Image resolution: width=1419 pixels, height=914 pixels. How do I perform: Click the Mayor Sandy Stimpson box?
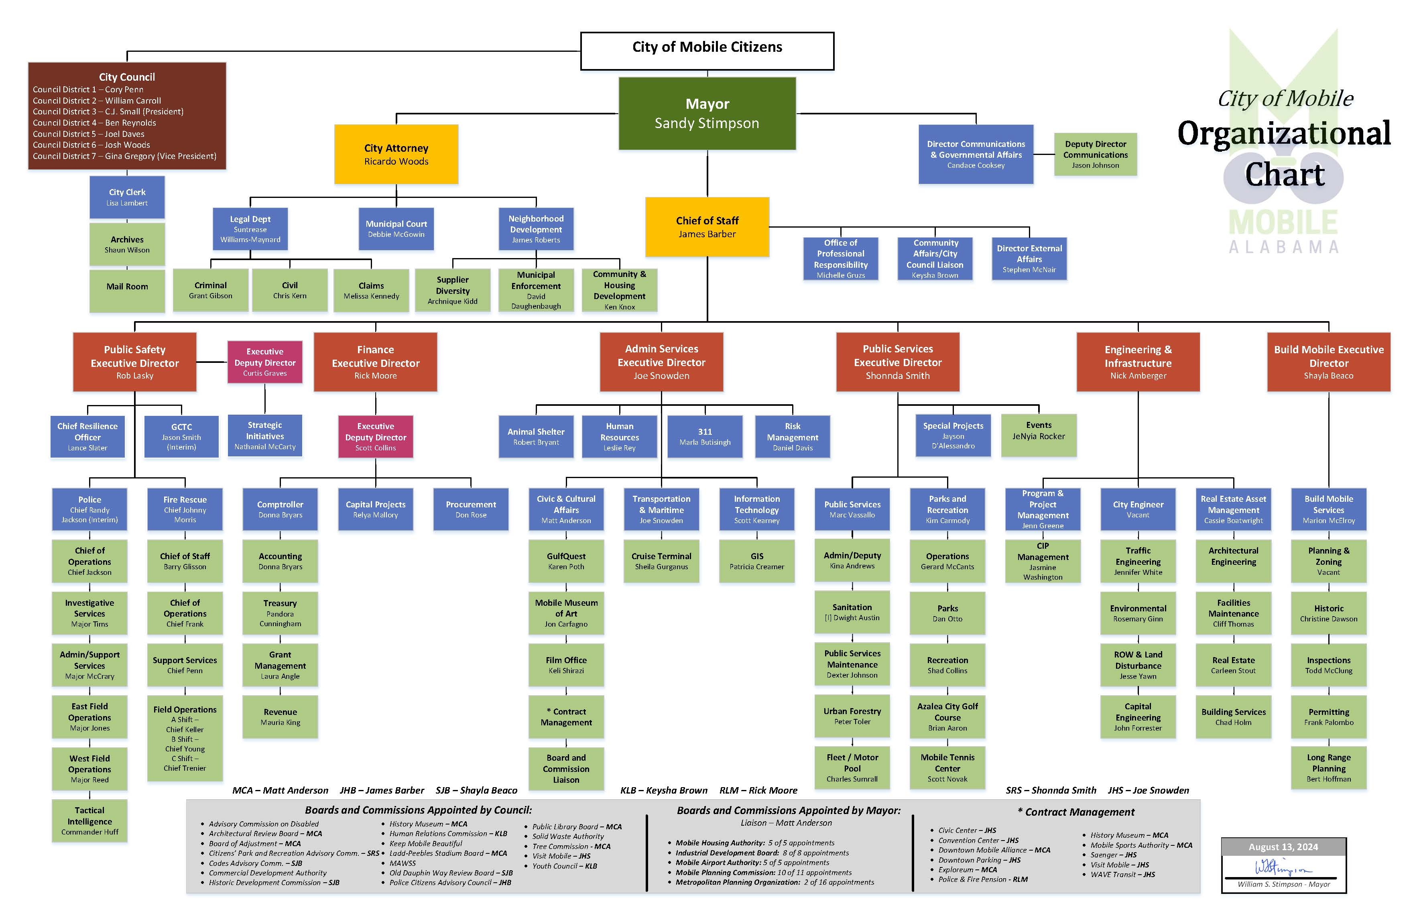click(707, 113)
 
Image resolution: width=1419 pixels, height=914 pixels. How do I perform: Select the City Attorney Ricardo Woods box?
click(396, 154)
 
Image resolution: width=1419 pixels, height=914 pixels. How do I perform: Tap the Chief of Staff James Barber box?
click(707, 227)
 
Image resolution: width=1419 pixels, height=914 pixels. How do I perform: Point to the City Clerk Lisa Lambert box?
click(127, 197)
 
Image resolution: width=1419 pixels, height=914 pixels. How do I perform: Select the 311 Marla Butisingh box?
click(705, 436)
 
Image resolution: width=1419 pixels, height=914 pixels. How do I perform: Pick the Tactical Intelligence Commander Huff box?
click(89, 821)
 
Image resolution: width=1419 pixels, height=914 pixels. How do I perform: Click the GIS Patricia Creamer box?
click(756, 561)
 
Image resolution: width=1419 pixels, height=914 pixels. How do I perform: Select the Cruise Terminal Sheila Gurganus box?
click(661, 561)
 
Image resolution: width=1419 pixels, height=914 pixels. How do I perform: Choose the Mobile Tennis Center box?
click(947, 767)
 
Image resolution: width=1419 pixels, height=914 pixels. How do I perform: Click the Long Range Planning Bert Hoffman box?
click(1328, 767)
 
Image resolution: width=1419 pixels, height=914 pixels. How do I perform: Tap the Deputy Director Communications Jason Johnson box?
click(1095, 154)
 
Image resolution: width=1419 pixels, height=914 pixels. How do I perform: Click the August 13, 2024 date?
click(1283, 847)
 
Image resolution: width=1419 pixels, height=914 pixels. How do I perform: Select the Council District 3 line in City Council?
click(108, 112)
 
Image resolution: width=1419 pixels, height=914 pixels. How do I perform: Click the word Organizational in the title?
click(1284, 134)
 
